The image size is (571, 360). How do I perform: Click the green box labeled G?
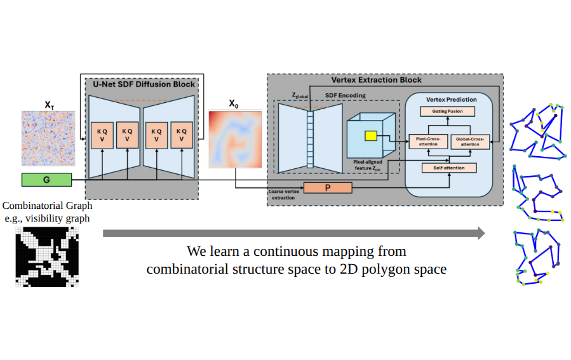(46, 180)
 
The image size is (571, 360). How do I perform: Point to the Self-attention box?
(449, 168)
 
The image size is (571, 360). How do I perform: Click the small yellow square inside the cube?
(369, 135)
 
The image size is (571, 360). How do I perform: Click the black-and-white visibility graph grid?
(48, 257)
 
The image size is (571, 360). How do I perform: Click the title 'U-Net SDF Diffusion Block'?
(144, 84)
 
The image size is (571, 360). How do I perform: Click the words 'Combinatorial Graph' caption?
(48, 206)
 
